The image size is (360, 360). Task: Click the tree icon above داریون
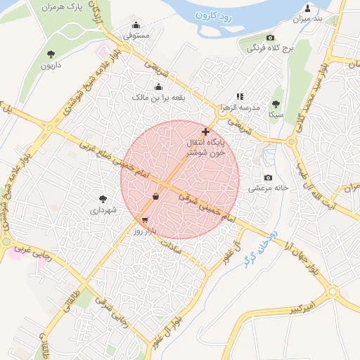[50, 54]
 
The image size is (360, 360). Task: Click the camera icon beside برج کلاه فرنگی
[270, 38]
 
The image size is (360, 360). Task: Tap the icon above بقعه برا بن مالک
[158, 88]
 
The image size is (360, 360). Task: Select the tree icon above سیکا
[276, 102]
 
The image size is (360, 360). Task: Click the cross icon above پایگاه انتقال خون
[205, 131]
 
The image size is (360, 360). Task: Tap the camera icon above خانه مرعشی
[267, 178]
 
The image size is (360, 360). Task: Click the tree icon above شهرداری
[103, 199]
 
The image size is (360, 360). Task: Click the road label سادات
[172, 245]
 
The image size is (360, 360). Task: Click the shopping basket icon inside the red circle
[155, 196]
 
